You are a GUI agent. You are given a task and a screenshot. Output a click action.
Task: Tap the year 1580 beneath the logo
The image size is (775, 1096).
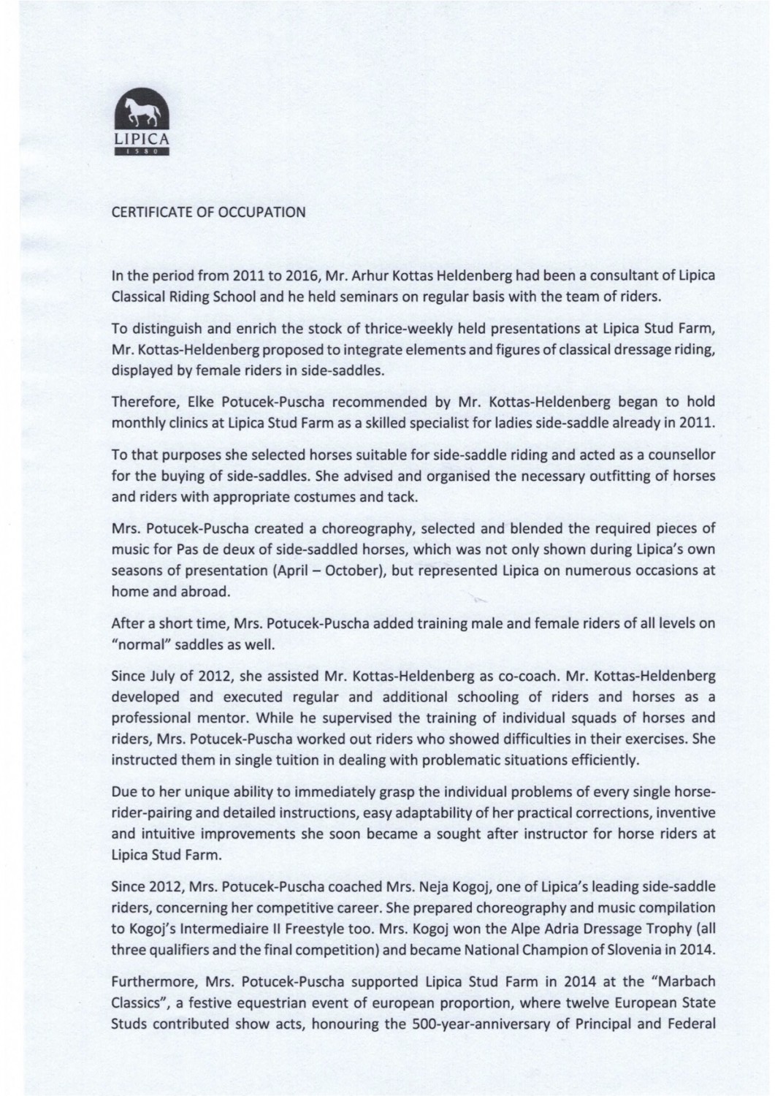coord(143,152)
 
